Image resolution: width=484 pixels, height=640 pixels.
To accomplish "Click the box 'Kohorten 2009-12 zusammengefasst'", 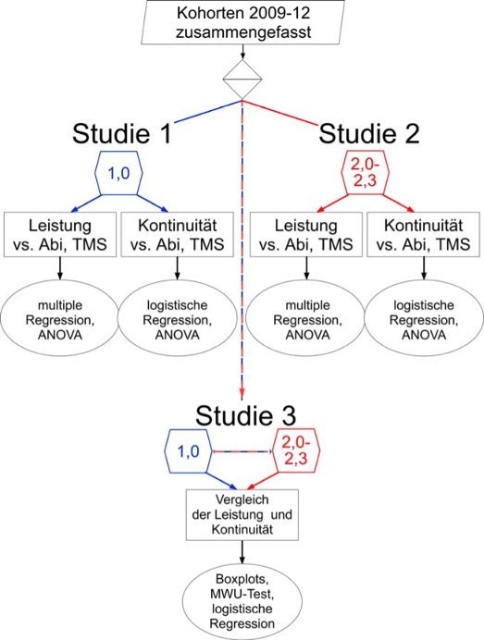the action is [243, 22].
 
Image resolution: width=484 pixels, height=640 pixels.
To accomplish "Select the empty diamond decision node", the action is [242, 80].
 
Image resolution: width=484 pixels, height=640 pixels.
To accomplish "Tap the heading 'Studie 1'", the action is [121, 133].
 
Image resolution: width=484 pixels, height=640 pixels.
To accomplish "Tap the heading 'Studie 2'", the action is [369, 133].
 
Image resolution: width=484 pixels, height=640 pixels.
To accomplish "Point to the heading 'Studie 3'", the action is [245, 415].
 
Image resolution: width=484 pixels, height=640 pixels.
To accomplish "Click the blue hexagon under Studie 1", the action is [118, 173].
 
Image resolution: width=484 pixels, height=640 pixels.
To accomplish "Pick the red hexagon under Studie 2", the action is [366, 173].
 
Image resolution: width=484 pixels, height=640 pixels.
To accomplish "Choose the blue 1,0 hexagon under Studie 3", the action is [188, 451].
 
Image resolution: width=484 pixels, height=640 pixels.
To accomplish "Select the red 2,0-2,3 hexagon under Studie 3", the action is [296, 451].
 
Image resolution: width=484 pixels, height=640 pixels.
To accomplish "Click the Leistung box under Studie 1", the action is [60, 234].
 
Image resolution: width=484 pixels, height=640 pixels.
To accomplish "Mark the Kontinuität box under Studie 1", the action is [178, 234].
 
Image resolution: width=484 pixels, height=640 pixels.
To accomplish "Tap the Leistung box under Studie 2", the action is [306, 234].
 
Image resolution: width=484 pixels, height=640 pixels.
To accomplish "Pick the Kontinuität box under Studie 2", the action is [424, 234].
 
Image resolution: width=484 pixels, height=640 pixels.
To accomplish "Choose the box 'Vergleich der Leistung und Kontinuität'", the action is [242, 515].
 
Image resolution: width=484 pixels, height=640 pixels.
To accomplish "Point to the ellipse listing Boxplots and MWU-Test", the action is [242, 601].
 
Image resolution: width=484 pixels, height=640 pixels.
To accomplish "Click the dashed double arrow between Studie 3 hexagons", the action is [242, 451].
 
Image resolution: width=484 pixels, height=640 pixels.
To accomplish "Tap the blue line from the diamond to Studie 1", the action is [208, 111].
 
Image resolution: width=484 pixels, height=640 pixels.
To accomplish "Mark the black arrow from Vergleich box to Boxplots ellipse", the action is [242, 552].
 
